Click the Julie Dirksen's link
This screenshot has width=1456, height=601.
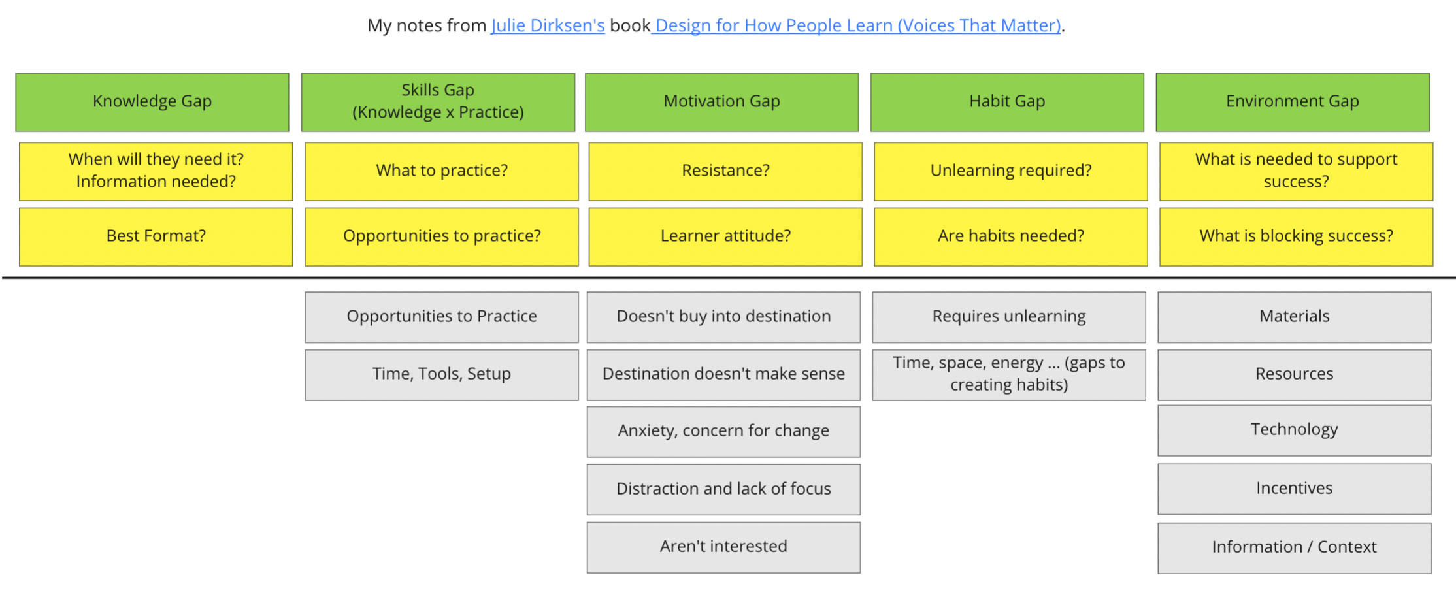point(548,25)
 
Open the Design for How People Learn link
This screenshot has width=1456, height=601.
point(857,25)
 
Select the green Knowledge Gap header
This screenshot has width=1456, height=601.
point(152,102)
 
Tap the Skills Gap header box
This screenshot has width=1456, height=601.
point(438,102)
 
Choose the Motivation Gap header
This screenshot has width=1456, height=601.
point(721,102)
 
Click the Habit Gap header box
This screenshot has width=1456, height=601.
point(1007,102)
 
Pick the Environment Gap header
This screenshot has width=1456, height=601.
point(1292,102)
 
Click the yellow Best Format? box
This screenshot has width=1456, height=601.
point(156,236)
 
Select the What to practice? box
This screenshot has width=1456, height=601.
point(442,171)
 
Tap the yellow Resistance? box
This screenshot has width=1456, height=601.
point(725,171)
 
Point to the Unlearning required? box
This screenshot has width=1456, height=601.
point(1010,171)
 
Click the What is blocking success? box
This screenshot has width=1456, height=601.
point(1296,236)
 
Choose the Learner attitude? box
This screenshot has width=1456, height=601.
point(725,236)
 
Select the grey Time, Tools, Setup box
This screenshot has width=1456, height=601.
point(442,374)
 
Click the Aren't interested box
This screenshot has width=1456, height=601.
point(723,547)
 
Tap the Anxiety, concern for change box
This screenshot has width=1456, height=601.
point(723,431)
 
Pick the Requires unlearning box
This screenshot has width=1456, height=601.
point(1008,317)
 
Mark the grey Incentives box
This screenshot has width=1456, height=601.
point(1294,489)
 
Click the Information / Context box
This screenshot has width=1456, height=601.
point(1294,547)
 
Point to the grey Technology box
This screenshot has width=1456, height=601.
point(1294,430)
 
